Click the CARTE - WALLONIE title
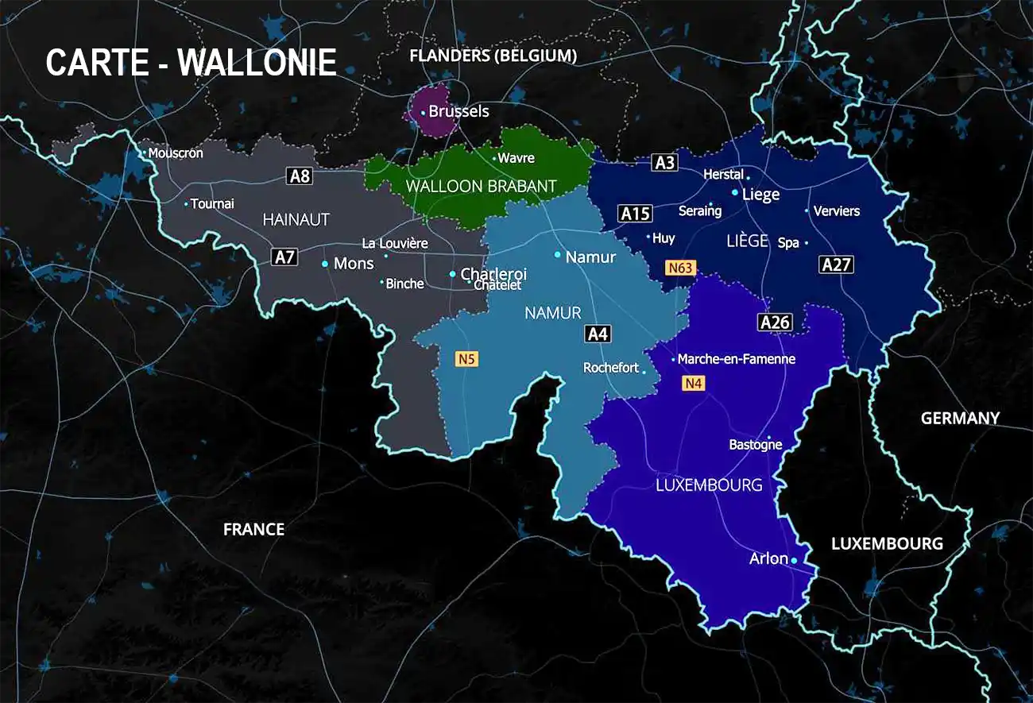(x=191, y=63)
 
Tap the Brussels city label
(x=458, y=112)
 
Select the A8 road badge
(x=300, y=176)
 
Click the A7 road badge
(x=284, y=257)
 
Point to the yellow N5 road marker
(x=466, y=359)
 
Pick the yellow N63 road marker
(x=680, y=268)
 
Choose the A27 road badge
(x=836, y=265)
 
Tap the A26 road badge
(x=775, y=322)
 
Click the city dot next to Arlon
(x=793, y=561)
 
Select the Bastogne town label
(x=755, y=445)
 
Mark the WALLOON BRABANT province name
(x=481, y=187)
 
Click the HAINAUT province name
(x=296, y=220)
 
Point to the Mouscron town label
(x=176, y=153)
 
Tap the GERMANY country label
(x=960, y=418)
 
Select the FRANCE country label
(x=253, y=529)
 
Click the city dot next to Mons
(x=325, y=264)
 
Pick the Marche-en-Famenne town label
(x=736, y=359)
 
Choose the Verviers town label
(x=837, y=211)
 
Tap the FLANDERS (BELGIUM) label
(x=493, y=56)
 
